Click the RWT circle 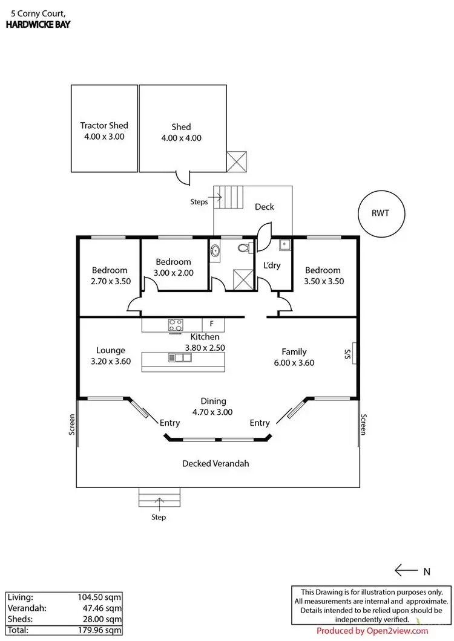[381, 213]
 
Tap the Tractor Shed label [104, 126]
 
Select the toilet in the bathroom [244, 249]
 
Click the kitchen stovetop [176, 325]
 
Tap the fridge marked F [212, 325]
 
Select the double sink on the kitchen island [180, 357]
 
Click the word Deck [264, 207]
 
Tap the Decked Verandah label [215, 464]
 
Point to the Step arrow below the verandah [160, 501]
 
